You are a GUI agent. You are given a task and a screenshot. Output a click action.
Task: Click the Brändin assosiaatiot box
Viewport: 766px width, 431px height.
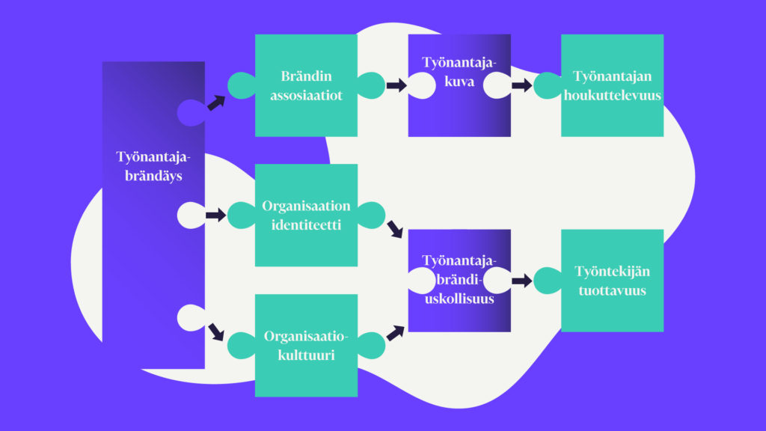(306, 85)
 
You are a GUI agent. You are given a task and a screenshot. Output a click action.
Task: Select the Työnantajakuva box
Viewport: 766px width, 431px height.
(459, 85)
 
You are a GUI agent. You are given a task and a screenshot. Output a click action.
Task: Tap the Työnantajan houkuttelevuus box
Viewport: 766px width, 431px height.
(612, 85)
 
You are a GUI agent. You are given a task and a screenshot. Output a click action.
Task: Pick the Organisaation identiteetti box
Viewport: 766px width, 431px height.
(306, 215)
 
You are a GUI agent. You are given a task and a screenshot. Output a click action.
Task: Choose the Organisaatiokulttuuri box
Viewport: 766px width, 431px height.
(306, 345)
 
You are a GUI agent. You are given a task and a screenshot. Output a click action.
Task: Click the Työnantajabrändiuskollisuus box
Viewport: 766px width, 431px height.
(459, 280)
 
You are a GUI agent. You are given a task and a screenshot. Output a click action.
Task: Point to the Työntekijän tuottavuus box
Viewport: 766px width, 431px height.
(612, 280)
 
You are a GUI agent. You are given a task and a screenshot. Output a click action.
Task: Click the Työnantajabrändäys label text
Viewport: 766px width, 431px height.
(153, 166)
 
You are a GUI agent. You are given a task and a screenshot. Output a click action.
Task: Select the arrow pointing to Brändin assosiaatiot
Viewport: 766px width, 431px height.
(215, 103)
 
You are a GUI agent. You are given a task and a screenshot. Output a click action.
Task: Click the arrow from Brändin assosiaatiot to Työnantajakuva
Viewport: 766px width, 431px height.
(396, 85)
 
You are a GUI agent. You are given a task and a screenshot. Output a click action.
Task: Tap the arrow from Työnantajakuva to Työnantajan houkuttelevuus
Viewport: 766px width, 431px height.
(521, 85)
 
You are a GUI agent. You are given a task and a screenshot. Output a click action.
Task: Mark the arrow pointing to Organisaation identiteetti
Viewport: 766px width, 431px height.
(215, 215)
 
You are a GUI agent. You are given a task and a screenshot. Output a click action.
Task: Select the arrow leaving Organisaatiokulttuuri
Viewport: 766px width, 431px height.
(395, 331)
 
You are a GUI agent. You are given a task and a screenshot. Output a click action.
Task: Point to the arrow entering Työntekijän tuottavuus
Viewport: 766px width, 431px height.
(521, 281)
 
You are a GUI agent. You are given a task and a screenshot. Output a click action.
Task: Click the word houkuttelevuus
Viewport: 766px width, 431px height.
(612, 95)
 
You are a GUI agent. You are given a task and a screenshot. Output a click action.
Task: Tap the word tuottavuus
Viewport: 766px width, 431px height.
(612, 290)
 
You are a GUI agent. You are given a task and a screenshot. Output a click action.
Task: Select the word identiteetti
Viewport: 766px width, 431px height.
(306, 224)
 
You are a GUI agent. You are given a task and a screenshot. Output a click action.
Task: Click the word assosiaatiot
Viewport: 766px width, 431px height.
(306, 95)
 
